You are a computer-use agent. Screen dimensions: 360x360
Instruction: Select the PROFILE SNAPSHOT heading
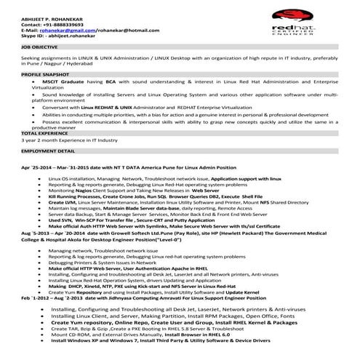point(44,75)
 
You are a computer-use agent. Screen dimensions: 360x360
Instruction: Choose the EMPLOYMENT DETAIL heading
point(45,150)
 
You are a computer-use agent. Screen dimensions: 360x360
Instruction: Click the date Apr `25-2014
point(36,167)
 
